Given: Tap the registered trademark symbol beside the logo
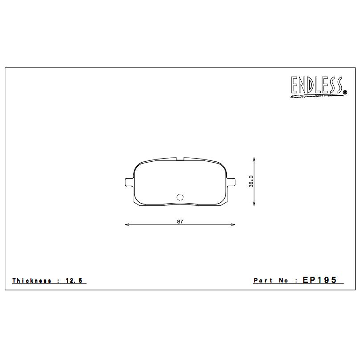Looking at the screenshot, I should pos(345,93).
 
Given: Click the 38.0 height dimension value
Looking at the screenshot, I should pos(251,181).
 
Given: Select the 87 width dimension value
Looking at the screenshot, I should pos(180,221).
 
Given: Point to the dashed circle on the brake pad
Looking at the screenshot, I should pos(180,197).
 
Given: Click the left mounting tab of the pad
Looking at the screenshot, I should pos(128,183).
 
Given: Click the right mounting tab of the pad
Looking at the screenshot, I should pos(232,183).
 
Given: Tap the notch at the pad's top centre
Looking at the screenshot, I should pos(180,158).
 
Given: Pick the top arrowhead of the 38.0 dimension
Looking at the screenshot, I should pos(254,159).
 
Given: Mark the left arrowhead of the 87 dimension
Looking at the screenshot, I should pos(127,225).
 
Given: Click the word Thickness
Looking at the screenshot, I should pos(32,281).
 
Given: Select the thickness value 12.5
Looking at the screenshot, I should pos(74,281).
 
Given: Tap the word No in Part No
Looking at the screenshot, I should pos(284,281).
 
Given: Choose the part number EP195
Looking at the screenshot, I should pos(320,280).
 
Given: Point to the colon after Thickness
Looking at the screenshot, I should pos(58,281).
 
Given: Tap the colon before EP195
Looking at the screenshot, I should pos(296,281).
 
